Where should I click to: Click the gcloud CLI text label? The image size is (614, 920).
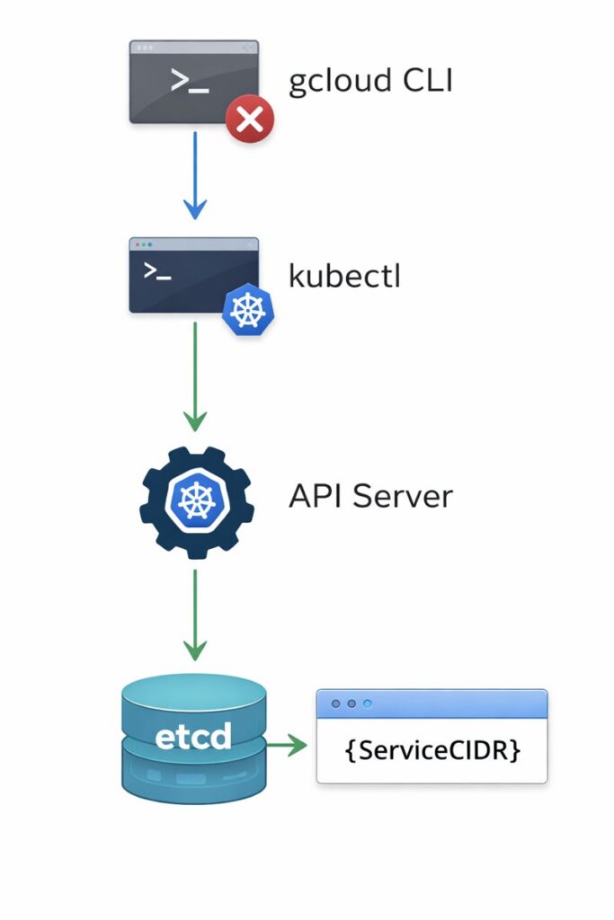[x=370, y=82]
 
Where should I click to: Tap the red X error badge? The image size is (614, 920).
[x=249, y=119]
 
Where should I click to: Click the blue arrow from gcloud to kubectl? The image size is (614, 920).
[x=195, y=174]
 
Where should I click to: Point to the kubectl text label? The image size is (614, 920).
[x=343, y=277]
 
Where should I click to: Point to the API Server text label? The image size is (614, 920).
[x=370, y=496]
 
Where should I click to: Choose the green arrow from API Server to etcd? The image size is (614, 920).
[x=195, y=615]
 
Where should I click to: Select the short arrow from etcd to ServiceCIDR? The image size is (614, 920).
[x=287, y=746]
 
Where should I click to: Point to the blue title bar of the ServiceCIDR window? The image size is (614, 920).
[x=432, y=704]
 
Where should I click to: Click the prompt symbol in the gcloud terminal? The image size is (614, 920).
[x=190, y=81]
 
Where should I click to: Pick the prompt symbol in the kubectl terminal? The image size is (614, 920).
[x=157, y=271]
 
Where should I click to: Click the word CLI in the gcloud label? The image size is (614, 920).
[x=426, y=82]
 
